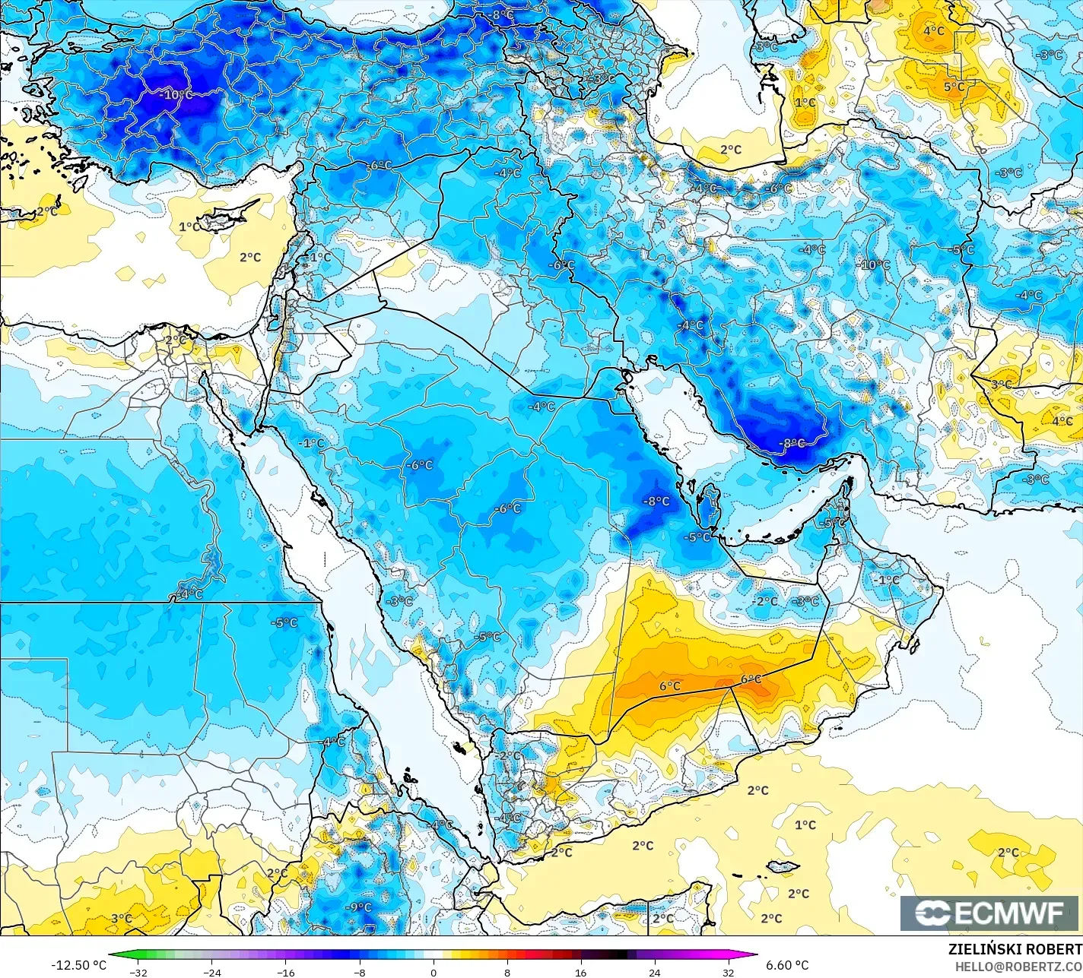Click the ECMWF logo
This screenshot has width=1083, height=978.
991,913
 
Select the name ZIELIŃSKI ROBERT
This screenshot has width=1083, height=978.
1015,949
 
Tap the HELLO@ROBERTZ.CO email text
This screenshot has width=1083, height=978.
1018,966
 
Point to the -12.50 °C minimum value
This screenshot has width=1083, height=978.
78,965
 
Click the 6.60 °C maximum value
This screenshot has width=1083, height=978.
787,965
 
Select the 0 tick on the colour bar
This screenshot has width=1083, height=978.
434,972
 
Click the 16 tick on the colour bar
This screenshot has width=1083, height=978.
580,972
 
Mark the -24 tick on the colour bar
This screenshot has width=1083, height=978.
212,972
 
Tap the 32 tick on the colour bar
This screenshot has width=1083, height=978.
728,972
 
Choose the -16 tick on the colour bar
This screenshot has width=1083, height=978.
286,972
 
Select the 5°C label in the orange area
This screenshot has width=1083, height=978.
954,87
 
